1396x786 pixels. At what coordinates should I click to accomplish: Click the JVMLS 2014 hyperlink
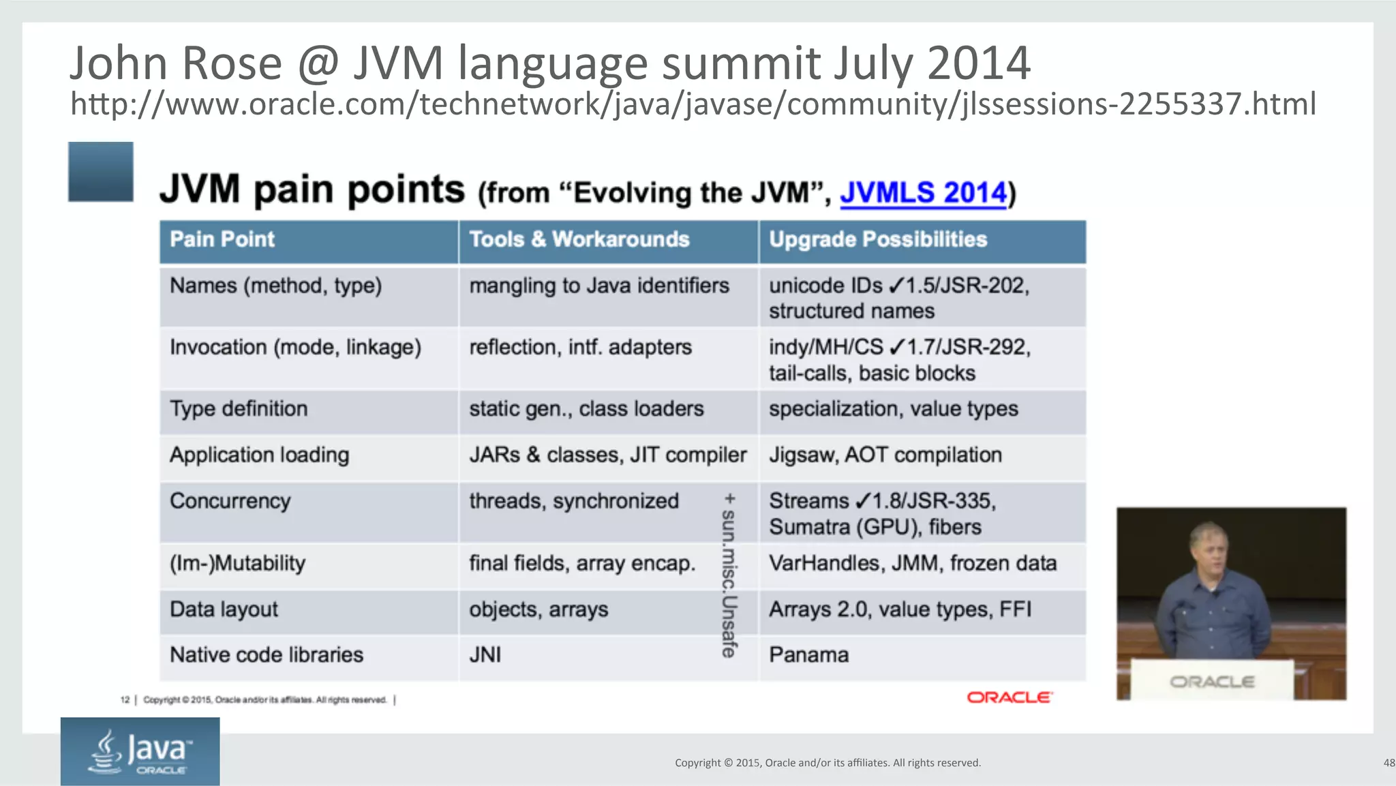[x=923, y=192]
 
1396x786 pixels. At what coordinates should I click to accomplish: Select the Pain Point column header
[x=222, y=239]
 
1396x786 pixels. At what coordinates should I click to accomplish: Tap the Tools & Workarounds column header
[x=579, y=239]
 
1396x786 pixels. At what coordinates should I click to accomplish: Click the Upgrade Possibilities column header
[x=877, y=239]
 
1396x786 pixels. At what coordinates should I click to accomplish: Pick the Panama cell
[x=808, y=655]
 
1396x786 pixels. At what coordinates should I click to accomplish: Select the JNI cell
[x=485, y=655]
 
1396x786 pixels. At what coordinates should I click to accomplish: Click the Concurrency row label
[x=230, y=501]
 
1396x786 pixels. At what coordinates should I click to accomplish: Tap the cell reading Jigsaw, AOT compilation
[x=885, y=455]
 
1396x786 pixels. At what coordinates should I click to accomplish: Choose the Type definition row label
[x=239, y=409]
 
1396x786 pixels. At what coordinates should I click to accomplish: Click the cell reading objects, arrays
[x=538, y=609]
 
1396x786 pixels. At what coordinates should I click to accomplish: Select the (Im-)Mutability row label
[x=237, y=564]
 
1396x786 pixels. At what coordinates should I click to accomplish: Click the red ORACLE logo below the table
[x=1010, y=697]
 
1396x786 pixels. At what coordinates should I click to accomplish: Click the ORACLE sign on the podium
[x=1212, y=682]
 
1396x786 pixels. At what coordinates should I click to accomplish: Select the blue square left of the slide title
[x=101, y=172]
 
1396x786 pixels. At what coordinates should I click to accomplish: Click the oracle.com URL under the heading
[x=693, y=104]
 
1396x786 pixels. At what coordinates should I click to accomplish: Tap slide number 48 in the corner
[x=1389, y=763]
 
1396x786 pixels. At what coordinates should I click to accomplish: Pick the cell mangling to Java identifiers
[x=598, y=286]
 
